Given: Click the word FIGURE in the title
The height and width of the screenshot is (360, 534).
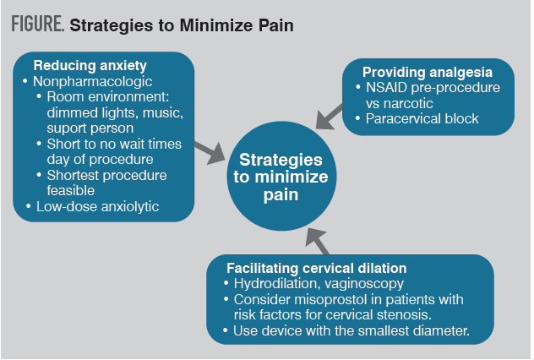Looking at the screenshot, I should (37, 25).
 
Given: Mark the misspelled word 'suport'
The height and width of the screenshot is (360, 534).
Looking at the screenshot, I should (67, 128).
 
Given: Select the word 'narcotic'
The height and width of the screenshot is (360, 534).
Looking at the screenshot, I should (409, 103).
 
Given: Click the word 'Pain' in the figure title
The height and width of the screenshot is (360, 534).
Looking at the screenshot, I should (272, 25).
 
